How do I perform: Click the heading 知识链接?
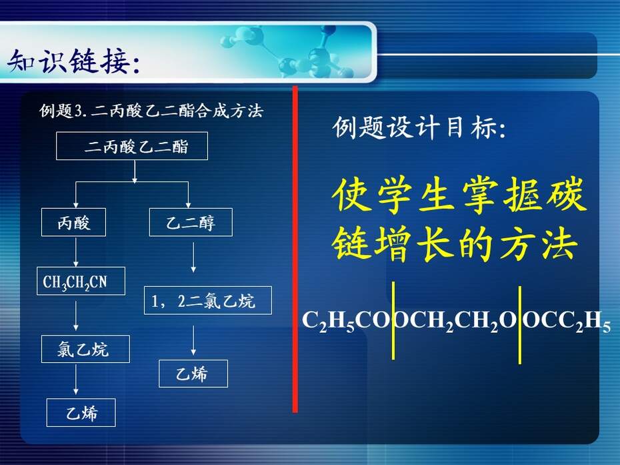click(74, 62)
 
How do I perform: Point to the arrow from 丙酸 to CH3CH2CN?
click(76, 252)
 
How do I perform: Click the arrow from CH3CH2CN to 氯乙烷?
click(76, 316)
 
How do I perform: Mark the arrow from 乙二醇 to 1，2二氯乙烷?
click(193, 258)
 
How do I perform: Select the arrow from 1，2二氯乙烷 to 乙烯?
click(193, 340)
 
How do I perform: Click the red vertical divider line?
click(295, 250)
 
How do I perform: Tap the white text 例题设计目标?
click(419, 127)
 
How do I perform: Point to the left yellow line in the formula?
click(393, 320)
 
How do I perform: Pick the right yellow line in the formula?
click(519, 324)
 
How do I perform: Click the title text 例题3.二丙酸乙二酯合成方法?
click(151, 111)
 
